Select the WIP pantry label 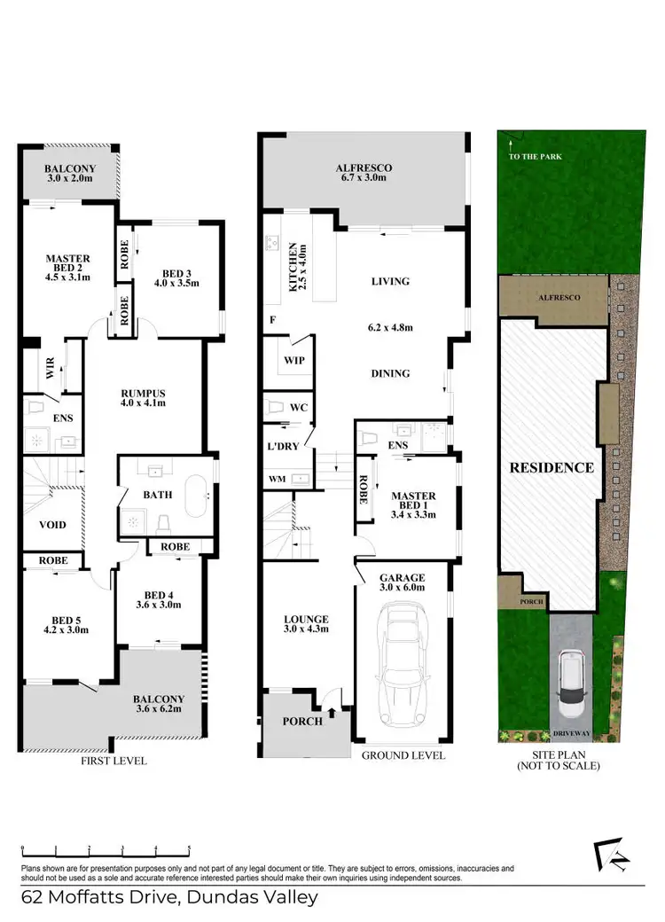coord(293,360)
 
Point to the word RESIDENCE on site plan coord(551,467)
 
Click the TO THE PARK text coord(536,157)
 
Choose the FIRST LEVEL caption coord(113,761)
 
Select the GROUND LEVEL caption coord(403,755)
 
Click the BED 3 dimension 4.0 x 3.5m coord(177,284)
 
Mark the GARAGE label coord(403,576)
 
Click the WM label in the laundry coord(278,480)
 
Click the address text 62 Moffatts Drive coord(168,897)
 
